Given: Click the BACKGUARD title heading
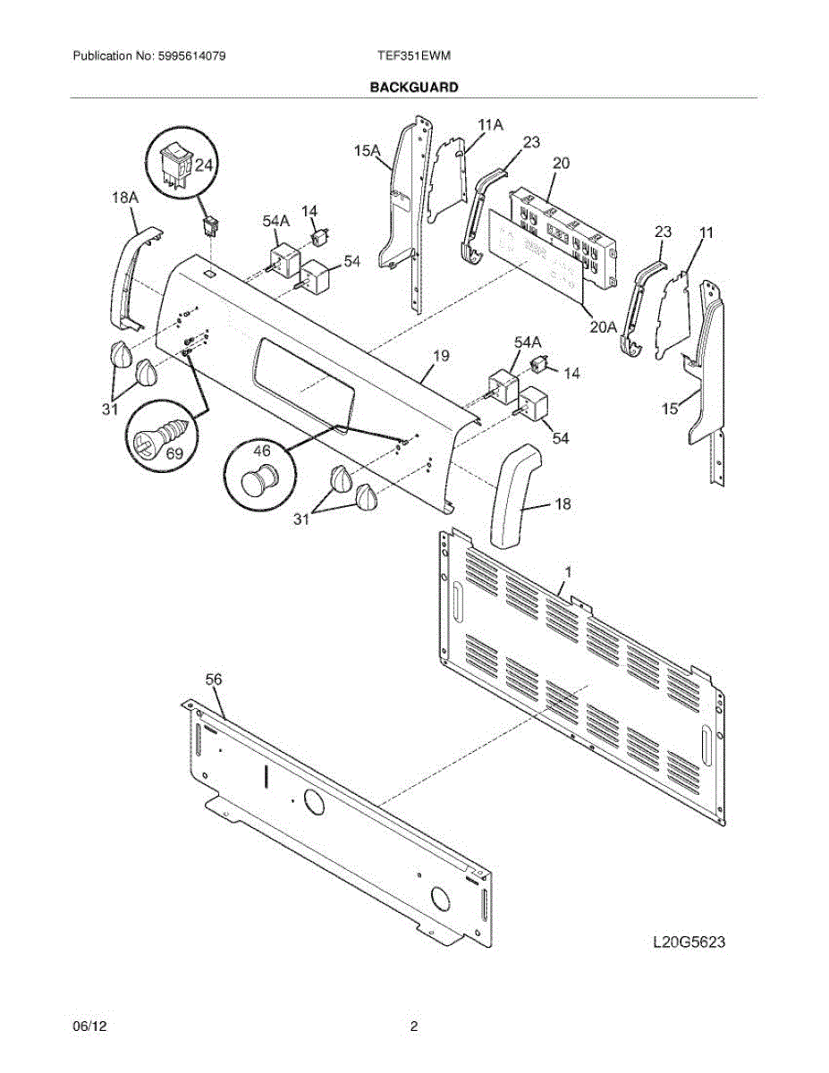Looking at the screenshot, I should click(414, 88).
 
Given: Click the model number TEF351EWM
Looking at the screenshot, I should click(414, 55).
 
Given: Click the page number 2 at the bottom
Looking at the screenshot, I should click(414, 1027).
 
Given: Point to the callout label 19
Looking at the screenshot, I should click(440, 356).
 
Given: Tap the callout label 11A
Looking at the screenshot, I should click(490, 125).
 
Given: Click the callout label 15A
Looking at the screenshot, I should click(367, 153).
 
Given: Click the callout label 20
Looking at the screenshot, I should click(562, 163).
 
